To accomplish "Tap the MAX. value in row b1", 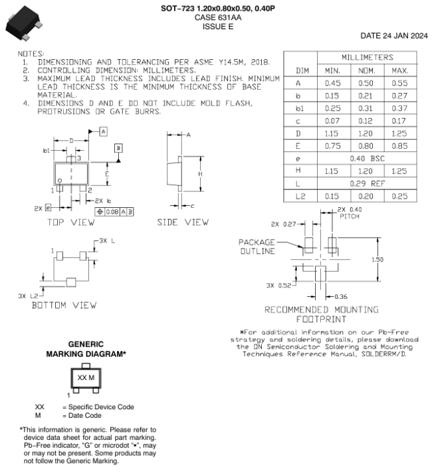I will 400,108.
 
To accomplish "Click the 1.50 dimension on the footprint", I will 377,260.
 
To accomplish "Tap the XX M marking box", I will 86,377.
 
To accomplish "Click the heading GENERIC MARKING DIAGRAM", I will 85,349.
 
